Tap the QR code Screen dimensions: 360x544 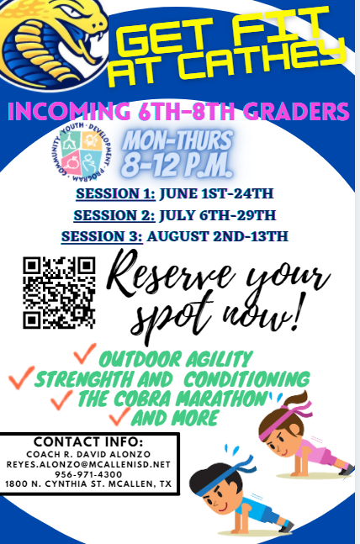(59, 293)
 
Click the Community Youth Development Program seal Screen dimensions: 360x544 (82, 152)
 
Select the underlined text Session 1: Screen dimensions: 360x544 (115, 193)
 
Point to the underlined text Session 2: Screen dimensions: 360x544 (114, 215)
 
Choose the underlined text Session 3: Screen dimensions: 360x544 (102, 236)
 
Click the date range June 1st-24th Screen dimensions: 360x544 (216, 193)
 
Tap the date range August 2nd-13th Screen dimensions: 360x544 (218, 236)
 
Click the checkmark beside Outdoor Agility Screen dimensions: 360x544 (84, 353)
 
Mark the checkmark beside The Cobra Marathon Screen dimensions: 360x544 (61, 399)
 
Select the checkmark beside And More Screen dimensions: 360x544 (119, 416)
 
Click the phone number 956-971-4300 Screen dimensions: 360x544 (88, 474)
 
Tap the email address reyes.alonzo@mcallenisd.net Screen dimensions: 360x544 (88, 464)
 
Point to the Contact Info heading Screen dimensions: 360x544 (88, 441)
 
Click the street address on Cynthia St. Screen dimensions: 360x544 (88, 483)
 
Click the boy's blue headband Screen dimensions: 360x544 (222, 477)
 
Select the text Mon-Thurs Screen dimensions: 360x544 (177, 140)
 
